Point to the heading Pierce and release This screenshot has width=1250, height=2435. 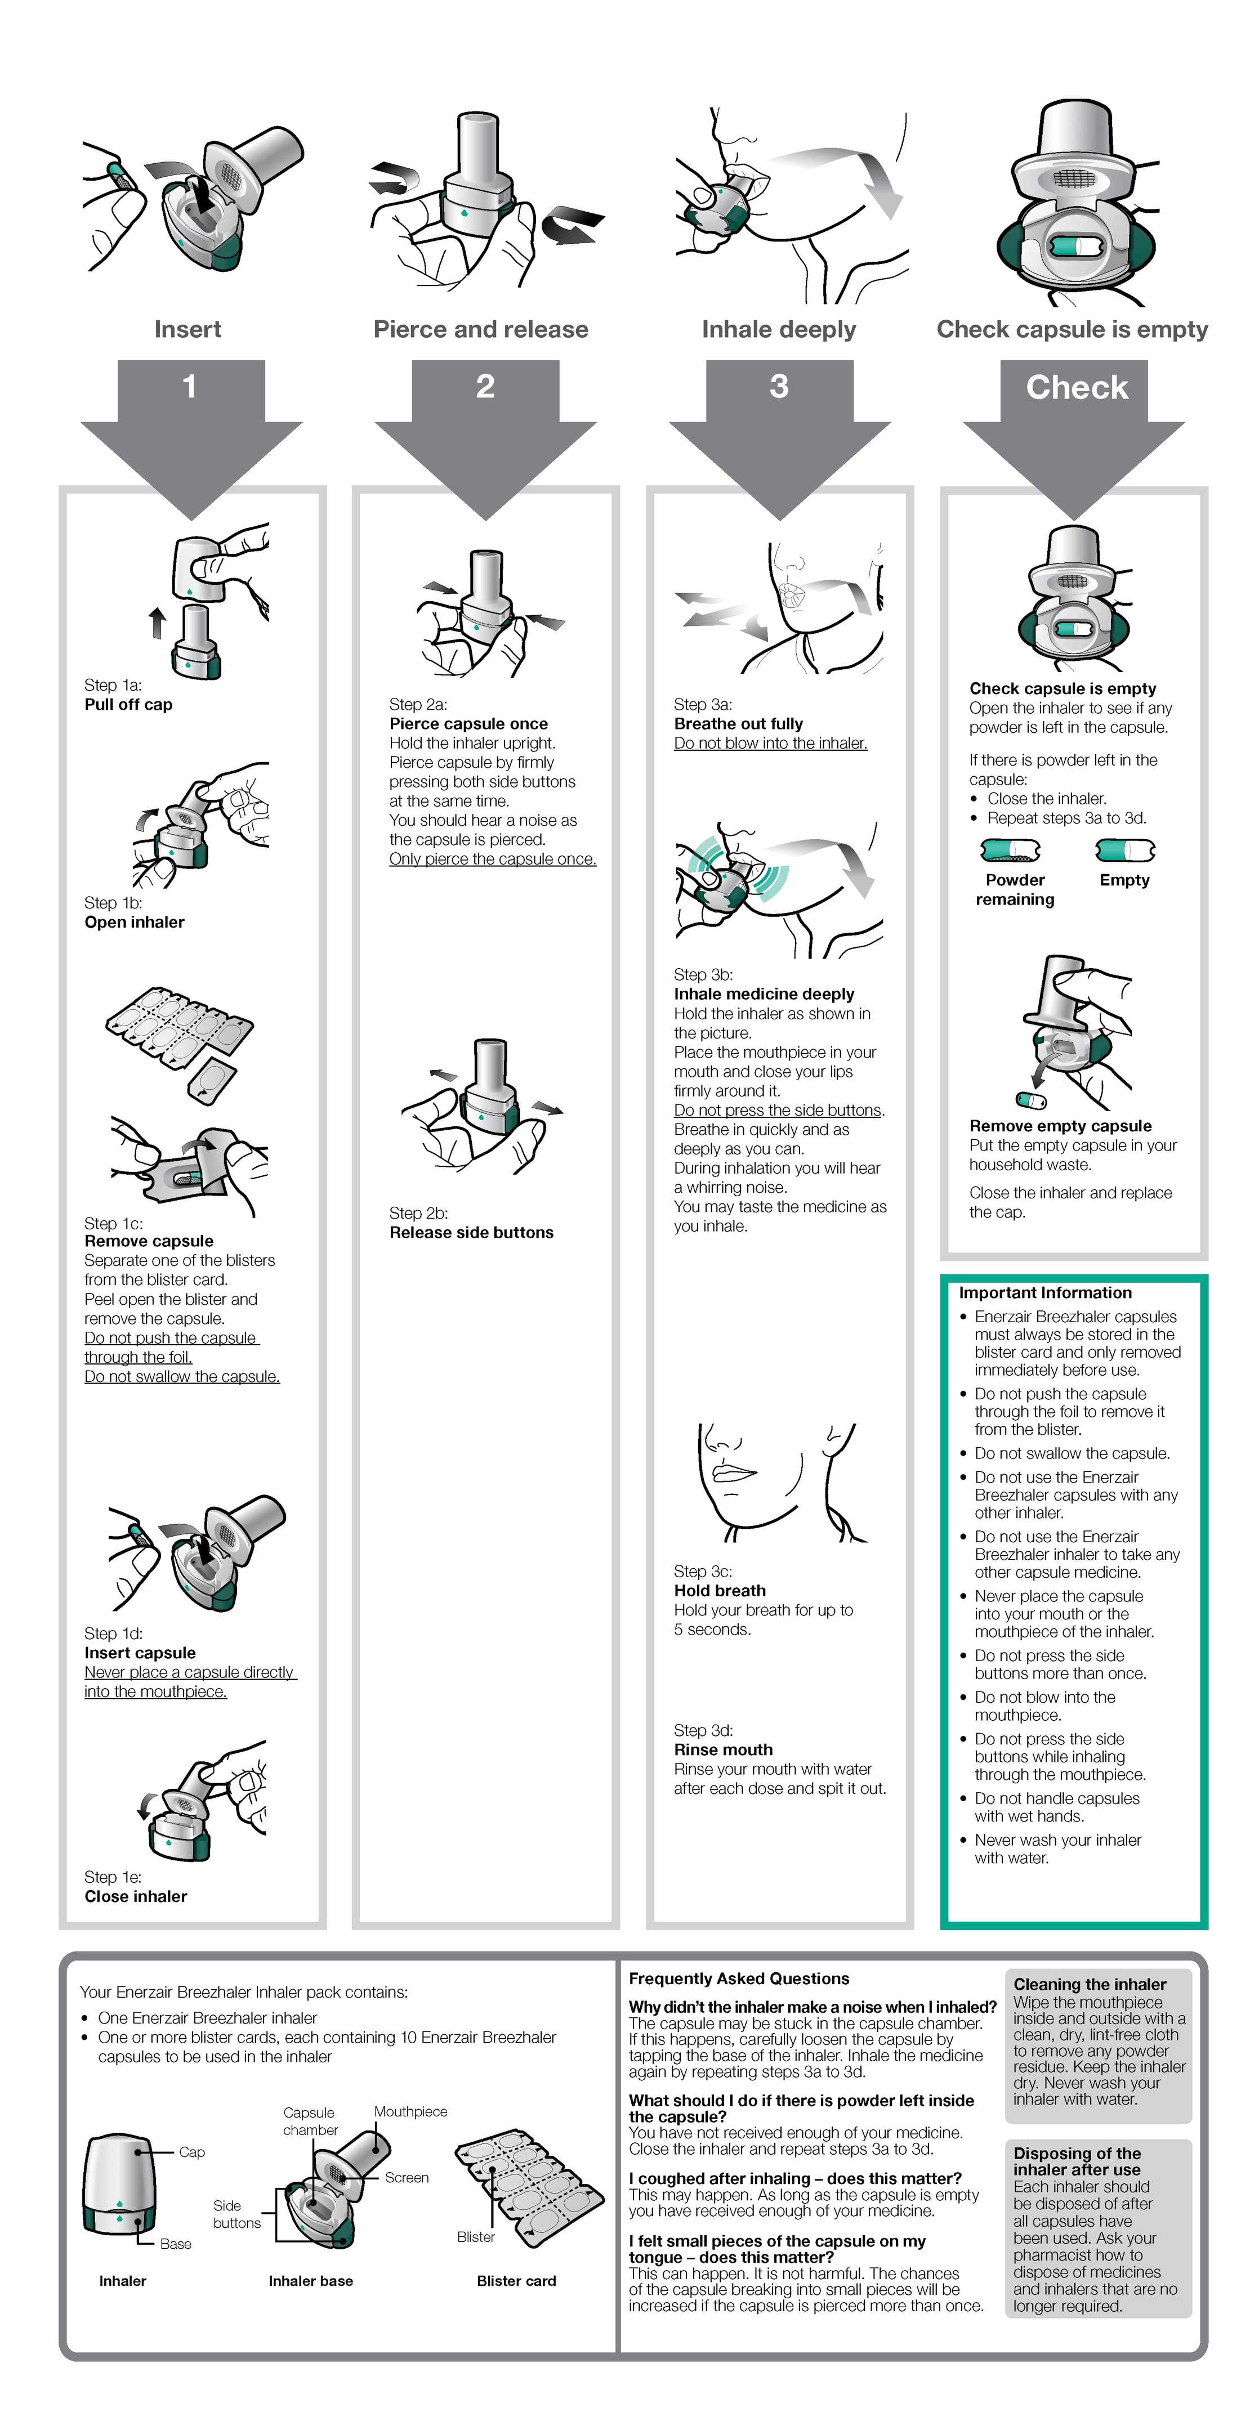click(x=480, y=329)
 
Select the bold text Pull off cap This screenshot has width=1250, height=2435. click(x=128, y=704)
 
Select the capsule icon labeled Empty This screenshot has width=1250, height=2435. click(x=1125, y=851)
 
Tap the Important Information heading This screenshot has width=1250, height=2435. click(x=1045, y=1292)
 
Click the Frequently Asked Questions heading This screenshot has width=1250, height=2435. click(x=739, y=1979)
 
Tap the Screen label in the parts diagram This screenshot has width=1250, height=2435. click(x=407, y=2177)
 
